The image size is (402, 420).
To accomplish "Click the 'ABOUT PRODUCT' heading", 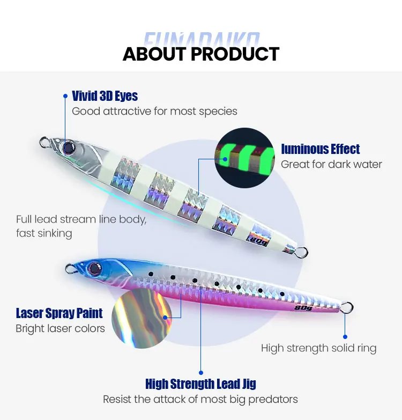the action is (201, 54).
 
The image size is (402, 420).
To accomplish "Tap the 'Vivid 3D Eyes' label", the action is (105, 96).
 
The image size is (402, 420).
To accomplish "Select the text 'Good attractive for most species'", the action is (154, 111).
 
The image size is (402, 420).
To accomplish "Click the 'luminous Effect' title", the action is (320, 149).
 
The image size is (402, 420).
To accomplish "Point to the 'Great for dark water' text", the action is (331, 164).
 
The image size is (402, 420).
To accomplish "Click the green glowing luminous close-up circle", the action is (244, 158).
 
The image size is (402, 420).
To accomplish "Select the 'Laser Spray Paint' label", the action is (59, 313).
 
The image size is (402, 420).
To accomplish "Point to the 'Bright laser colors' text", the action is (60, 328).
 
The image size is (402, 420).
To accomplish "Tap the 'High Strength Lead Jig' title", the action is (200, 384).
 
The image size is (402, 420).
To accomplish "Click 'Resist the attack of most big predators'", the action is (200, 399).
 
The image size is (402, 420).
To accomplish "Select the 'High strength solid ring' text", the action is (318, 348).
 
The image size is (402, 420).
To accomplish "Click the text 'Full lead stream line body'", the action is (81, 219).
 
